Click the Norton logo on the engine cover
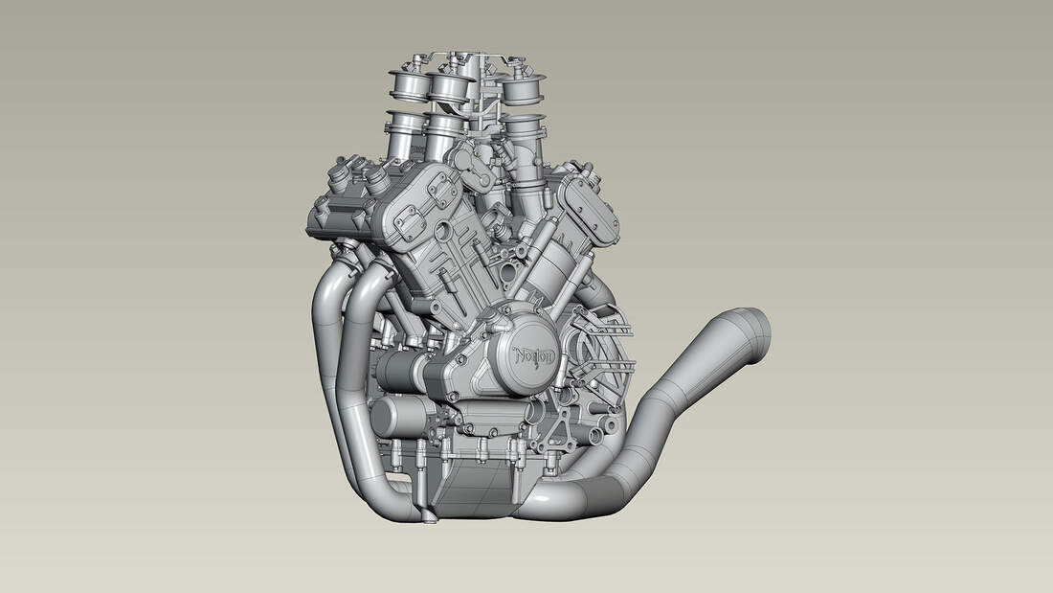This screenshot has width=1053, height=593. click(x=535, y=356)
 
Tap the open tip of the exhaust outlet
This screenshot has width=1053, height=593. click(x=758, y=330)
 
